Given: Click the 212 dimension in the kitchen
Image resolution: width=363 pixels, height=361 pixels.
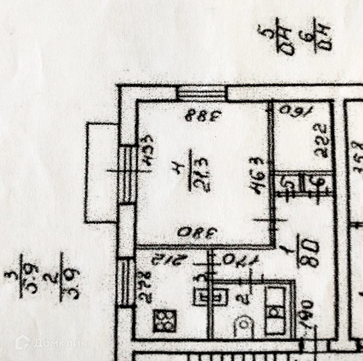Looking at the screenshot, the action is (158, 260).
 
